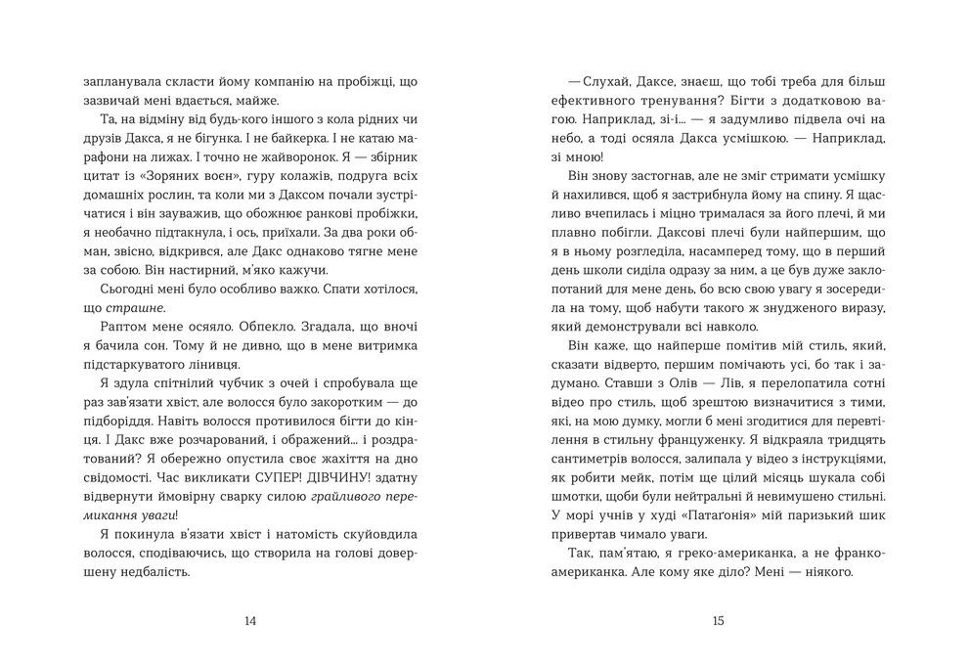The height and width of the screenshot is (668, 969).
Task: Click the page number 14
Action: tap(249, 620)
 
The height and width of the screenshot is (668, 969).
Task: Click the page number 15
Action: tap(719, 620)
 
